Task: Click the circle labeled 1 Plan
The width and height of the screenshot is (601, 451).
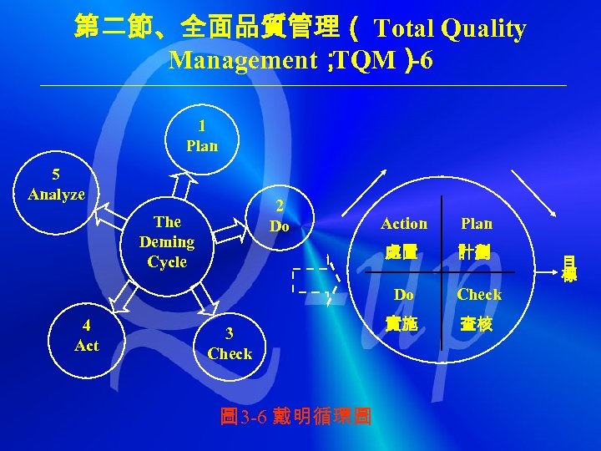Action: coord(202,136)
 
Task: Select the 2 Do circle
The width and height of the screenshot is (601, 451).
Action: coord(281,216)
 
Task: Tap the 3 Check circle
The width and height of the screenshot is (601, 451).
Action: coord(230,343)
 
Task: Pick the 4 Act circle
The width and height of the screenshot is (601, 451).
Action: coord(87,335)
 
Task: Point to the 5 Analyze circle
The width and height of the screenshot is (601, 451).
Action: coord(57,185)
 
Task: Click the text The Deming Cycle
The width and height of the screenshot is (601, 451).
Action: coord(167,241)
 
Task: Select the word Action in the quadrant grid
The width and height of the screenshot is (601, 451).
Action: coord(404,224)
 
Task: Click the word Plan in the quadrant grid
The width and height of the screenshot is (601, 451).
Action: coord(477,224)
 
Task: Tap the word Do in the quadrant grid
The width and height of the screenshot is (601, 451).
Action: coord(404,295)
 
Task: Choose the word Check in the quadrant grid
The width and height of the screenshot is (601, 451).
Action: coord(479,295)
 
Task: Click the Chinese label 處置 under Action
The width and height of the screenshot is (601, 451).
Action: coord(402,251)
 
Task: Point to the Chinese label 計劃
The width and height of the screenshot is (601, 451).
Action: coord(477,251)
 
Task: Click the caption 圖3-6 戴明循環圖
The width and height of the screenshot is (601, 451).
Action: coord(295,416)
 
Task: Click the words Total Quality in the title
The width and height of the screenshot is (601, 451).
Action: coord(451,29)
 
